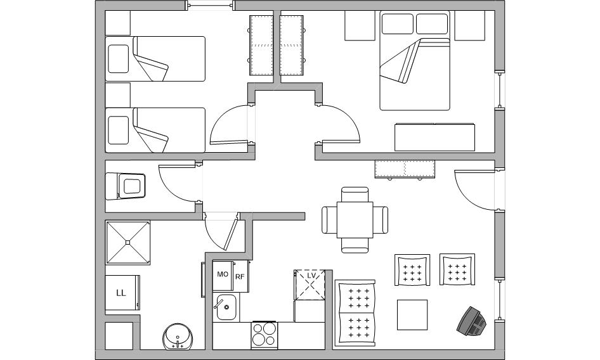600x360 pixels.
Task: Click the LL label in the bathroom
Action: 121,293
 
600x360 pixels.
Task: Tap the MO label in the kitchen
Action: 223,274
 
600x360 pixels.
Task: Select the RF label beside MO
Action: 240,276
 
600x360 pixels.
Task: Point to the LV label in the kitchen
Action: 311,276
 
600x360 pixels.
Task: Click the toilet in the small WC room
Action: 126,186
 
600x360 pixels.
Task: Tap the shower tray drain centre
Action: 128,242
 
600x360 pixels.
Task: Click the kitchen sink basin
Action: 226,307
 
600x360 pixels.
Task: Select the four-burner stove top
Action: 264,335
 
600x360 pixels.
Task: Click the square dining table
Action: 355,220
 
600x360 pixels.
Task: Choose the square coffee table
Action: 412,315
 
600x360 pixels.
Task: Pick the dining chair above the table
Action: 355,195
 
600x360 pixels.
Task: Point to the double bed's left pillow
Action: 398,23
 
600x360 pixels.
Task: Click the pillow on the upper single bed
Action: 118,58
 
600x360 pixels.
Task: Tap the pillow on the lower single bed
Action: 118,130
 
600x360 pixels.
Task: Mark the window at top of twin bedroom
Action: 211,5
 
